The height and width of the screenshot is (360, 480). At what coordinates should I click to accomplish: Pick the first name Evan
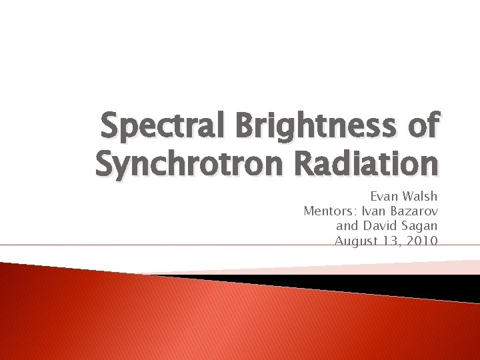(x=385, y=197)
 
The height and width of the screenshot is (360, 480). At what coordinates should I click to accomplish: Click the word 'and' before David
(x=349, y=227)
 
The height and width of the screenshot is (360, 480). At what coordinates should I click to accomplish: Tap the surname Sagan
(x=421, y=227)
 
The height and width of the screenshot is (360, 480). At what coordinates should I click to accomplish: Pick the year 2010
(x=422, y=241)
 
